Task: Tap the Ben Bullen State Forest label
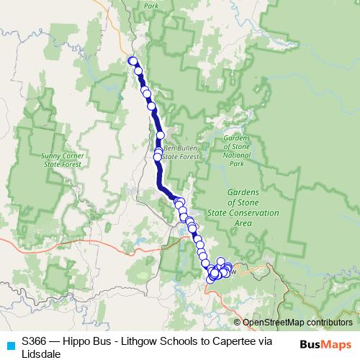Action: pyautogui.click(x=179, y=151)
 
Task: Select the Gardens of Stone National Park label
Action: pyautogui.click(x=236, y=150)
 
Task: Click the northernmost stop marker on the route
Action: pyautogui.click(x=132, y=60)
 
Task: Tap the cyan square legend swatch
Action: pyautogui.click(x=9, y=345)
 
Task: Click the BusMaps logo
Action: pyautogui.click(x=326, y=344)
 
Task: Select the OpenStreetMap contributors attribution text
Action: pyautogui.click(x=297, y=323)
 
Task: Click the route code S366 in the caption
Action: pyautogui.click(x=35, y=339)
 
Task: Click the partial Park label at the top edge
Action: pyautogui.click(x=151, y=5)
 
